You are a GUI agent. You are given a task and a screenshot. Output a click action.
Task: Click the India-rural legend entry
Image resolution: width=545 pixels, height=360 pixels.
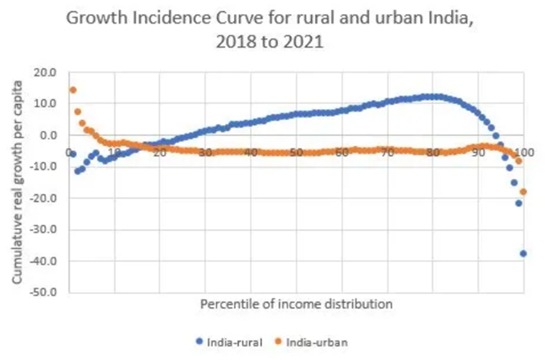coord(232,342)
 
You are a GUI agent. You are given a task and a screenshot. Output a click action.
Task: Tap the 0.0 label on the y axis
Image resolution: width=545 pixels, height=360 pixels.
coord(49,135)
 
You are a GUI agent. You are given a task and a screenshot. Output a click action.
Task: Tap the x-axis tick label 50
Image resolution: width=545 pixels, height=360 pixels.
coord(296,152)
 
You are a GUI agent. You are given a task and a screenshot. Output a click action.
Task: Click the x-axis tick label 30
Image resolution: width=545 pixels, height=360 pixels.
coord(205,152)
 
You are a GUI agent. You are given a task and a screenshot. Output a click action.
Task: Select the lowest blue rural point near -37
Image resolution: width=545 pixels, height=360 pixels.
coord(523,253)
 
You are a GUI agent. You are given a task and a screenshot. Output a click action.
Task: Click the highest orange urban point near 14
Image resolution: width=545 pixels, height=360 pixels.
coord(73,90)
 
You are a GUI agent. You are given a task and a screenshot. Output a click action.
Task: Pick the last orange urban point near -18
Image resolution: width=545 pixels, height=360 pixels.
coord(523,191)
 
